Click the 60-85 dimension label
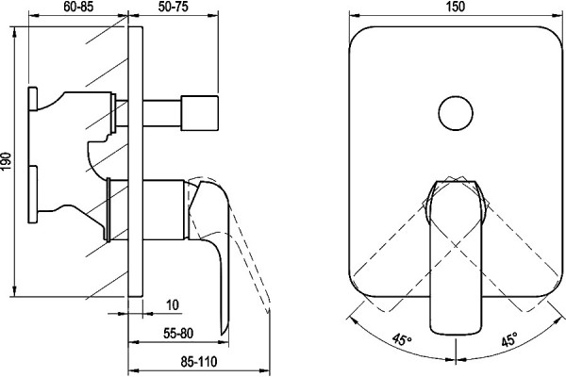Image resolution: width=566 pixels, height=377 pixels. pos(78,7)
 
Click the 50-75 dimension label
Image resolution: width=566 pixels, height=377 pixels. pos(174,7)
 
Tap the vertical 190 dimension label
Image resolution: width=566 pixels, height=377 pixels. pos(7,161)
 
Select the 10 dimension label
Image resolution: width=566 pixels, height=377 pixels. pos(173,304)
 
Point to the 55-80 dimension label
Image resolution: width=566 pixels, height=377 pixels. pos(178,334)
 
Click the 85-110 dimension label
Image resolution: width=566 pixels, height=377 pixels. pos(199,361)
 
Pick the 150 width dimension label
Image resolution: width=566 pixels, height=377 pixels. pos(456,7)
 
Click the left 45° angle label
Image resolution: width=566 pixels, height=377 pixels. pos(402,339)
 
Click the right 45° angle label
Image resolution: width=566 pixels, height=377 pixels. pos(509,339)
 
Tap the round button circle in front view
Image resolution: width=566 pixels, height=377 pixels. pos(456,113)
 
